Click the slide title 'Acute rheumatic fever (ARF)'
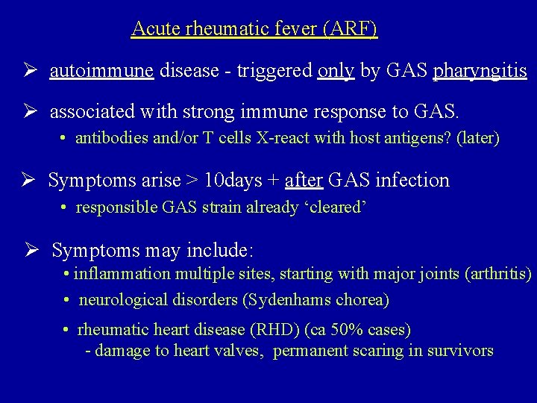coord(254,29)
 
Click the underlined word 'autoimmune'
coord(101,71)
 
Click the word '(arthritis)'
coord(498,274)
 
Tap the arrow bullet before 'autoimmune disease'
coord(30,72)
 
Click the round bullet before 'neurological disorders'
coord(67,300)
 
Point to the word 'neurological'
coord(119,300)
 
